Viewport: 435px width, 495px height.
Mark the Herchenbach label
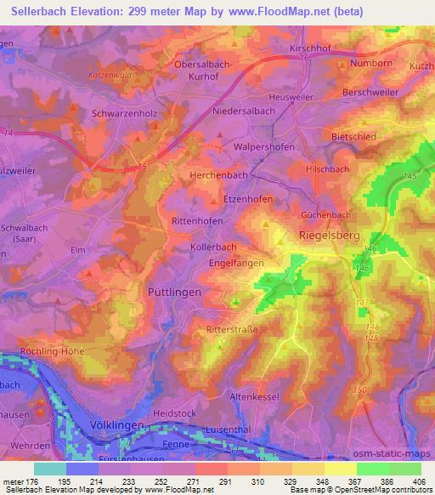[x=214, y=176]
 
